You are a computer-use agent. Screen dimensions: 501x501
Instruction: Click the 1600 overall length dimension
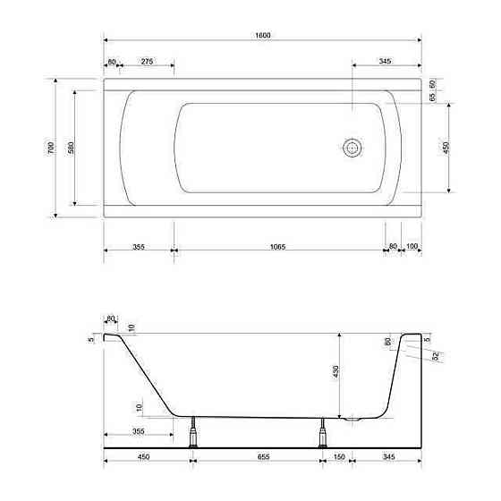[x=263, y=35]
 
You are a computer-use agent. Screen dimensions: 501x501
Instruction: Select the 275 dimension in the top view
[x=147, y=61]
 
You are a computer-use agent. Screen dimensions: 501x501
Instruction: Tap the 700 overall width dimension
[x=51, y=148]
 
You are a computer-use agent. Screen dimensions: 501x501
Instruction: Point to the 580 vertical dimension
[x=71, y=148]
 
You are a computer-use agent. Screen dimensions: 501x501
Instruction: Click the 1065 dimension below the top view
[x=277, y=247]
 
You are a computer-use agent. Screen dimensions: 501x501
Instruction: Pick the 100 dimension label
[x=412, y=246]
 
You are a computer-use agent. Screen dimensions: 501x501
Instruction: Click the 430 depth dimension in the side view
[x=335, y=371]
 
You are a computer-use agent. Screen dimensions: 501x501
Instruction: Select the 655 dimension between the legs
[x=264, y=457]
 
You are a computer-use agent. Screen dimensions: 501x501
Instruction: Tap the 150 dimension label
[x=339, y=457]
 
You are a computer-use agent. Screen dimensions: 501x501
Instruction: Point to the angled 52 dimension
[x=436, y=356]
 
